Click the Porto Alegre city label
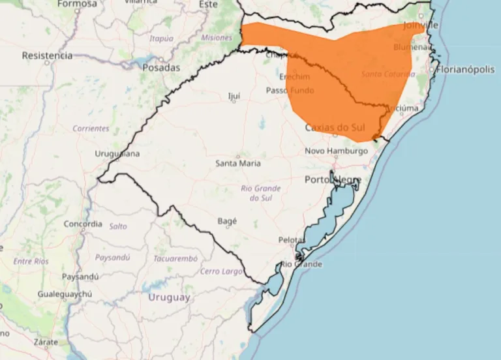point(331,179)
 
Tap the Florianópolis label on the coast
point(466,69)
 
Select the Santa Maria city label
point(238,163)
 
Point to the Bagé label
point(226,221)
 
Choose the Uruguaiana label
point(117,154)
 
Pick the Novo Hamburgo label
point(337,151)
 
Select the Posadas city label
point(160,67)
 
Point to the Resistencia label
point(47,55)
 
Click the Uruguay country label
point(169,297)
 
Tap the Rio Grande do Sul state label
point(261,192)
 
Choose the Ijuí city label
point(234,96)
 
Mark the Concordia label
point(83,224)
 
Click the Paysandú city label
point(80,277)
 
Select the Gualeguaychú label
point(65,294)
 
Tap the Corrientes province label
point(91,128)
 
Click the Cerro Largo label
point(221,271)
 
